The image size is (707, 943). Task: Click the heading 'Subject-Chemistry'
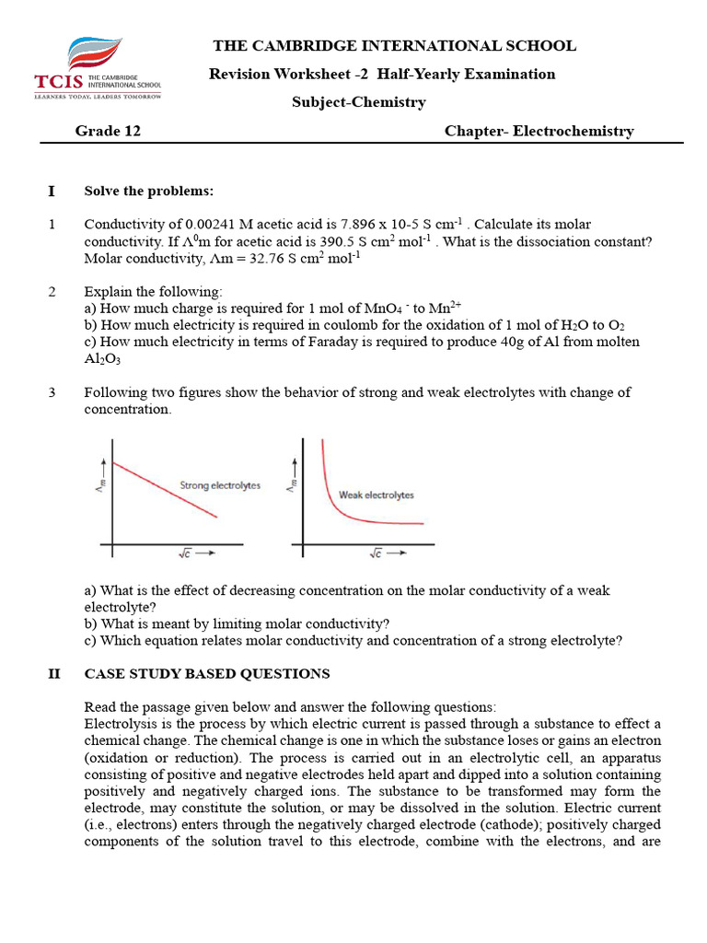point(358,102)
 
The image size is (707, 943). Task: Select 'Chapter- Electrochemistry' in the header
point(539,131)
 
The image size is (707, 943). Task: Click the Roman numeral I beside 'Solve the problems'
point(52,191)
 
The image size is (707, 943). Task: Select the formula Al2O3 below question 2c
point(102,359)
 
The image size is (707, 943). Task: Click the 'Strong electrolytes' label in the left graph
point(219,485)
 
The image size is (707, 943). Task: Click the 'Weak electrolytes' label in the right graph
point(376,495)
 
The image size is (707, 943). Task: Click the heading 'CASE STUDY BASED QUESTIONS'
point(206,674)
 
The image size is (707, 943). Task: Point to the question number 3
point(52,392)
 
